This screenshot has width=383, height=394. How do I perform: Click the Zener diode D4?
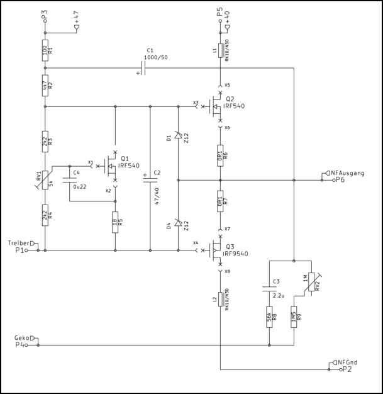(x=179, y=223)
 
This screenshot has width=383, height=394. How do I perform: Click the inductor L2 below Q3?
(x=220, y=301)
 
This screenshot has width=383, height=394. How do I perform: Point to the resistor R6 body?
(x=220, y=154)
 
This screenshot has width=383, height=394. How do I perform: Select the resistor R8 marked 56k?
(x=269, y=318)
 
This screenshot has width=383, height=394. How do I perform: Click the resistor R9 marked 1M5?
(x=294, y=318)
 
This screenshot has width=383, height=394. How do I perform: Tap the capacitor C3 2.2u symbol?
(x=269, y=290)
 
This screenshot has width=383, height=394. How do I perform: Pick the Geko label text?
(x=22, y=337)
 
